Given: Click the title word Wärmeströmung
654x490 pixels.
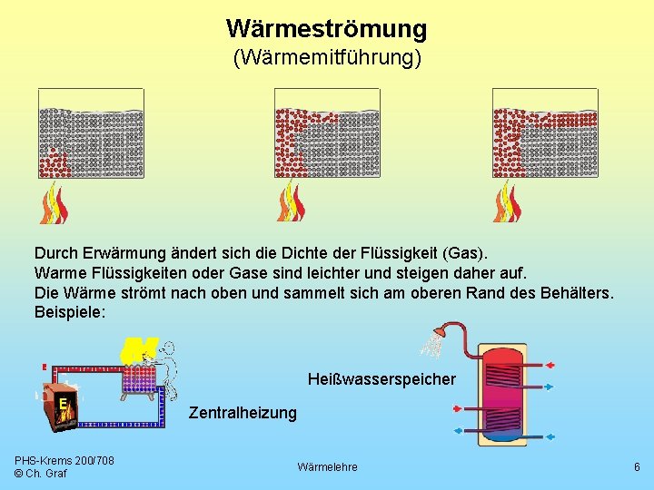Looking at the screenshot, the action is tap(326, 29).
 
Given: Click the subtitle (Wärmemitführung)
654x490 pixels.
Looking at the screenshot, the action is tap(326, 59).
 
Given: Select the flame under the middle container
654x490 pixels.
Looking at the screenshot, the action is tap(291, 202).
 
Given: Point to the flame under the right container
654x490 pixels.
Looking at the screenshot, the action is tap(508, 202).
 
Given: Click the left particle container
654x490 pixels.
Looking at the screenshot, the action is tap(91, 133).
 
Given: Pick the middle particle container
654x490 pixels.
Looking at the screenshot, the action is tap(327, 133).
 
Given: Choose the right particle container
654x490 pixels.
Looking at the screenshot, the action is tap(545, 133).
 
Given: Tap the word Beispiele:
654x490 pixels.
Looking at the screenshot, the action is tap(70, 311).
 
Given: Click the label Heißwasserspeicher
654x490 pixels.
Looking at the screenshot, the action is tap(381, 378).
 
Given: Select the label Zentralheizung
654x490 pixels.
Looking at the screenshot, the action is tap(243, 413).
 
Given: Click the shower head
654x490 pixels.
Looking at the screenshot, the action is tap(432, 340).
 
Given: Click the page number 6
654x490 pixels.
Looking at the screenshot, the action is tap(637, 466).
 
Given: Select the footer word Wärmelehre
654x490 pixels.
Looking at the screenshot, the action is tap(327, 466).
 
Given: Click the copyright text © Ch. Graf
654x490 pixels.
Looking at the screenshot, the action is tap(42, 474).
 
